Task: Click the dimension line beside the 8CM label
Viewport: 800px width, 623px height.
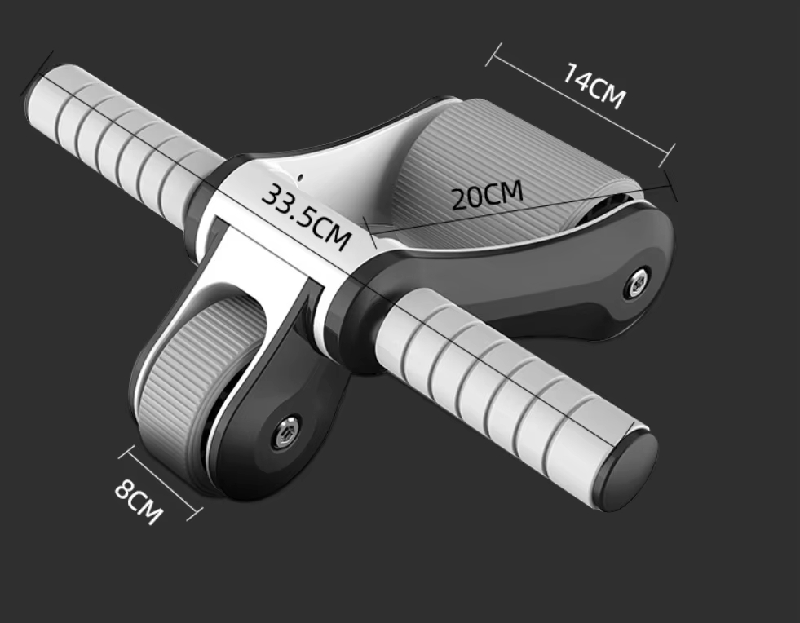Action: pos(160,482)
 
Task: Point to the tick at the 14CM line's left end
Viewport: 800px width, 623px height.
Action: pos(492,55)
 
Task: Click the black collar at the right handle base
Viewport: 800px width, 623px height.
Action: pos(372,314)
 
